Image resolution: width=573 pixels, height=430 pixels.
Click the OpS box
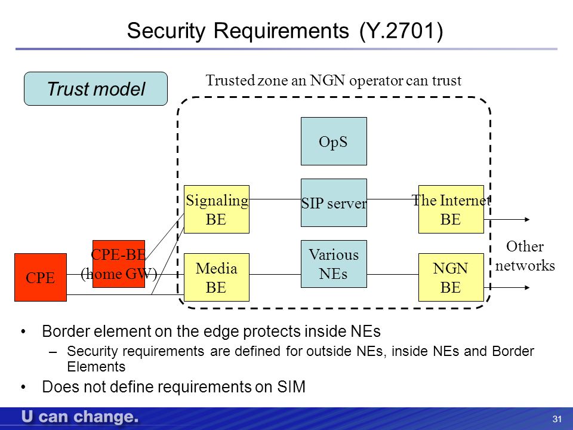(x=334, y=141)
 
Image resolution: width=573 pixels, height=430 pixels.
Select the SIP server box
(x=334, y=202)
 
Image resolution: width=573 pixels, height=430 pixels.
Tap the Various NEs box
(x=334, y=263)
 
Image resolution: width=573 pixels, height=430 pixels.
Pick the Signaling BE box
(x=216, y=209)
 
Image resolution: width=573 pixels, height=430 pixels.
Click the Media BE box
(x=216, y=277)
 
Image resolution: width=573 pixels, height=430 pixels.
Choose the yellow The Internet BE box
(x=451, y=209)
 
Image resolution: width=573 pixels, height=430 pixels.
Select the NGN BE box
(x=451, y=277)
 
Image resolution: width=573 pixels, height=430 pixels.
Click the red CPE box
(x=41, y=277)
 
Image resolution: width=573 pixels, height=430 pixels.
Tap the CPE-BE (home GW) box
(x=119, y=263)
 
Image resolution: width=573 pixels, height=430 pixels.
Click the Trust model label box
(x=95, y=88)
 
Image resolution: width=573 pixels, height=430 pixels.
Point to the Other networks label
(x=525, y=256)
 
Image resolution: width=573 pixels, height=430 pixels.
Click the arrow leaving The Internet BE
(x=507, y=219)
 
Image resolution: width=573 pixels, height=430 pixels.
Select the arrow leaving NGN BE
(x=507, y=287)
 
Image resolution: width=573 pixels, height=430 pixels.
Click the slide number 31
(x=557, y=419)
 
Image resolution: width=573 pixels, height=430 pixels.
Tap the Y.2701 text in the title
(x=401, y=30)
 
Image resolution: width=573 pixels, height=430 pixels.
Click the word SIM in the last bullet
(x=291, y=386)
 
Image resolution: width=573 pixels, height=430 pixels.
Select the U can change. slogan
(x=79, y=417)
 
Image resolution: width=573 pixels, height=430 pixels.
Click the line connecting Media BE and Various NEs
(x=275, y=274)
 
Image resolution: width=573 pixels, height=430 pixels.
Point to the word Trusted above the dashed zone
(x=230, y=80)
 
